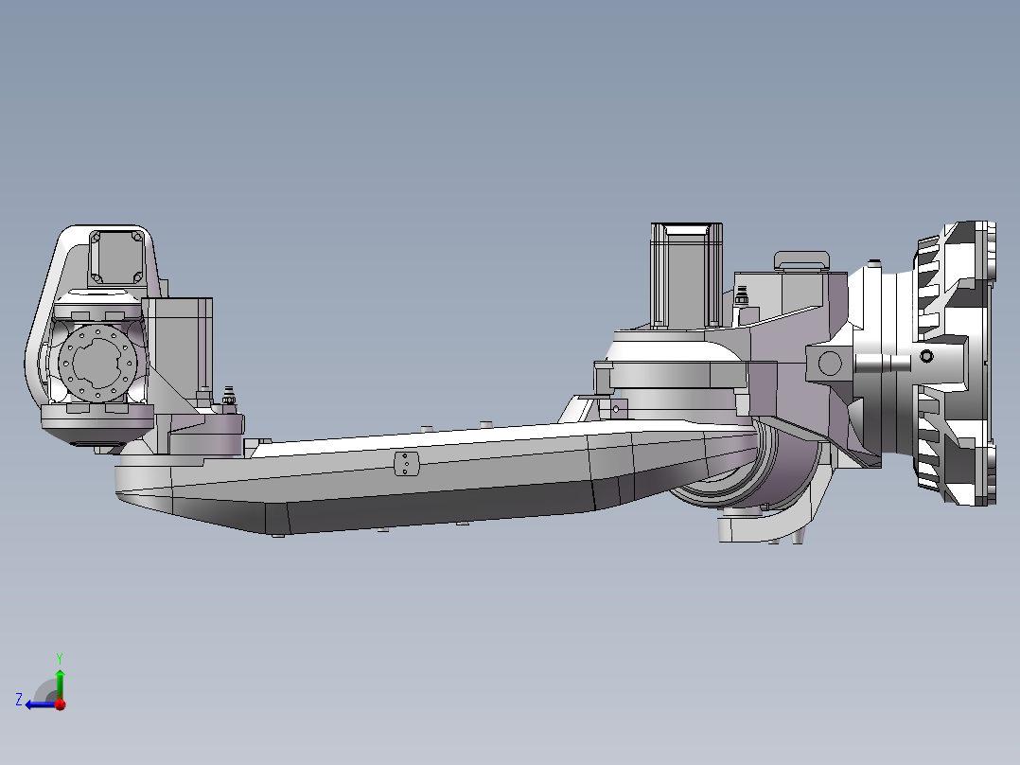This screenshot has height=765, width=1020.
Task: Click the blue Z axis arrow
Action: pos(38,703)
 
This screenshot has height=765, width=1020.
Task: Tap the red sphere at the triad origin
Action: pos(60,704)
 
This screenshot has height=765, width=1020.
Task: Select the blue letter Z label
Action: pos(18,700)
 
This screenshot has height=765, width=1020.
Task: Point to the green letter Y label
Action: pos(59,657)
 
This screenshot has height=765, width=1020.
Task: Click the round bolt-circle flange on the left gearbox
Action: pos(95,361)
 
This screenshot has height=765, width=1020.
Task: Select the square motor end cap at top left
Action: pos(117,256)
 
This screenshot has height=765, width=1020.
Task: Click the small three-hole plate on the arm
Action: pos(406,464)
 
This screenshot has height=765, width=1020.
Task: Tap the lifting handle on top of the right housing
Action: pos(801,260)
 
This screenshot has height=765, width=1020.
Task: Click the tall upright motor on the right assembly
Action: pos(686,275)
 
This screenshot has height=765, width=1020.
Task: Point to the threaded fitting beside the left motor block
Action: pos(228,399)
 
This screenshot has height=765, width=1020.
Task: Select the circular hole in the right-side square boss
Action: pos(830,363)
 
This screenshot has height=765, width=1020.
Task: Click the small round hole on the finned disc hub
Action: pos(926,356)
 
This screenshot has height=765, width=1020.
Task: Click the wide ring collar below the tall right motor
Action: pos(672,374)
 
